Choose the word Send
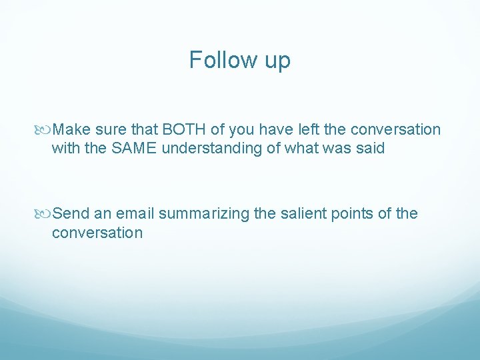(x=71, y=213)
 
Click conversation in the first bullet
(x=395, y=129)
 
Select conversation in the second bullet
(x=97, y=233)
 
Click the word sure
(x=108, y=129)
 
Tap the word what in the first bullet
(x=299, y=148)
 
